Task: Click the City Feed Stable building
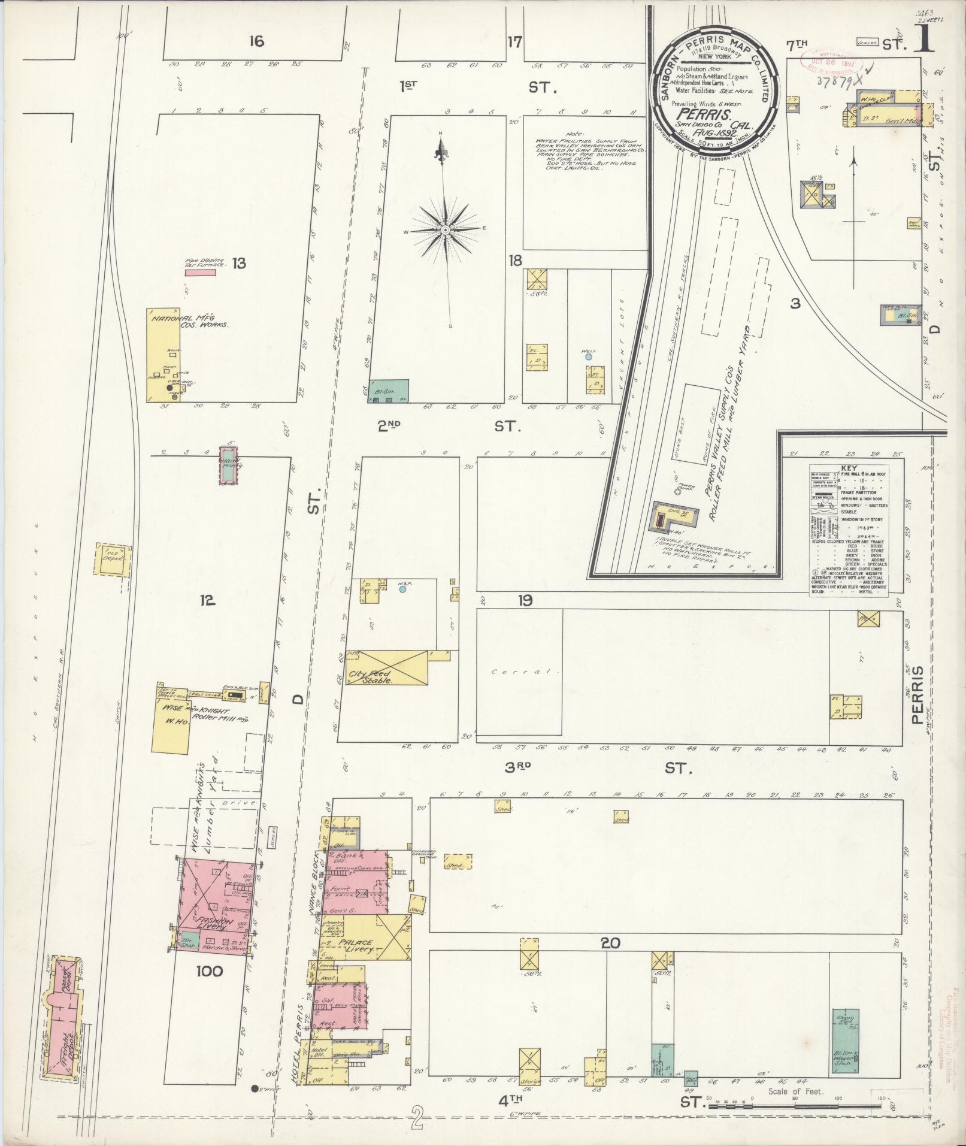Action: [383, 667]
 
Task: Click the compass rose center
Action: [446, 230]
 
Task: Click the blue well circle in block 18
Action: [589, 356]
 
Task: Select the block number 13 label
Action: [239, 263]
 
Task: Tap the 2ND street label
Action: [389, 426]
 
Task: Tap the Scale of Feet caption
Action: [793, 1091]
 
